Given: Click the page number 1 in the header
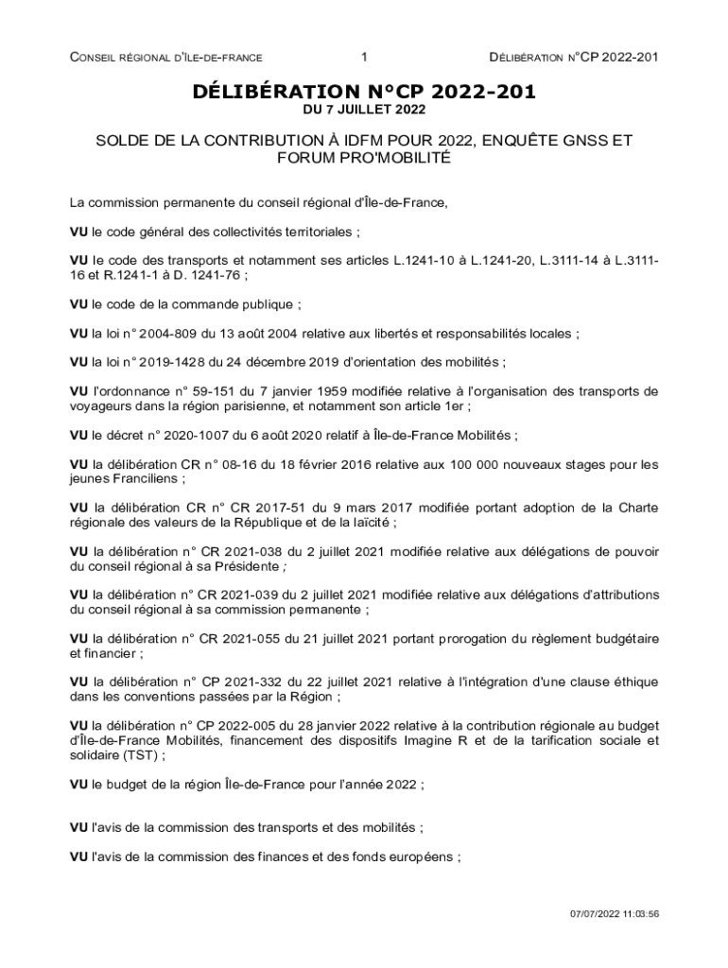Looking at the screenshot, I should pos(363,59).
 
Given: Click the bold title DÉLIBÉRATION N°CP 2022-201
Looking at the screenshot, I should pos(364,92).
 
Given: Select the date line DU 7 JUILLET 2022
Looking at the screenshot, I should pos(364,110).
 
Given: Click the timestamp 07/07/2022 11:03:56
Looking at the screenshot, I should pos(614,914).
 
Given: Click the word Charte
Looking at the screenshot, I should pos(638,508).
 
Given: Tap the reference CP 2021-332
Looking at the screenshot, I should pos(232,682).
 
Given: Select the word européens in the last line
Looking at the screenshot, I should pos(424,856).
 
